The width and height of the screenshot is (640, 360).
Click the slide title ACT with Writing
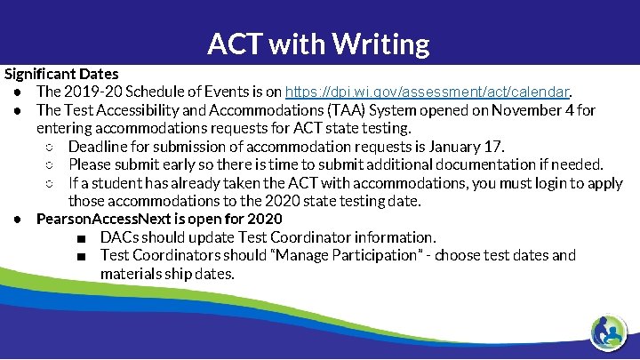(318, 43)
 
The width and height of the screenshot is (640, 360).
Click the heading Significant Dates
(61, 73)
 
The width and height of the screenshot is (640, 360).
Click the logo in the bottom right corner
(609, 332)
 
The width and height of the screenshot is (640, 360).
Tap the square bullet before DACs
(81, 238)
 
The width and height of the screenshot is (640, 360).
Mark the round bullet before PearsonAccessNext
(19, 220)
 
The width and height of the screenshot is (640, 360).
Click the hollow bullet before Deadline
(51, 147)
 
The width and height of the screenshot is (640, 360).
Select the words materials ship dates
(168, 273)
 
